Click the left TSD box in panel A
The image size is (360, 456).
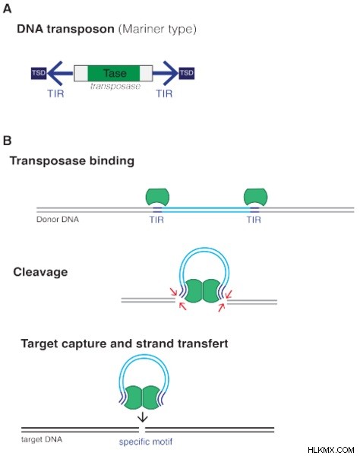click(x=39, y=73)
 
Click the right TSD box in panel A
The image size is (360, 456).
click(x=187, y=73)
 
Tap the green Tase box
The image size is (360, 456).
click(x=114, y=73)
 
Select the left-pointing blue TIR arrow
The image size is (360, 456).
click(x=60, y=73)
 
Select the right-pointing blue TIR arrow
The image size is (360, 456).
click(x=166, y=73)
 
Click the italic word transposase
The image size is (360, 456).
click(x=115, y=86)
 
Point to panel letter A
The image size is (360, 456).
click(x=8, y=8)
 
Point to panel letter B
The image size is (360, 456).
click(x=8, y=141)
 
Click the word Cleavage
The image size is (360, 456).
click(x=40, y=272)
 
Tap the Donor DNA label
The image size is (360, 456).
click(x=58, y=220)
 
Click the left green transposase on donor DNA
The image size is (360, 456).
click(x=157, y=197)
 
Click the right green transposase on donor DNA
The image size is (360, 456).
click(x=255, y=197)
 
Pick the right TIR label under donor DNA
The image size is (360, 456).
click(x=254, y=220)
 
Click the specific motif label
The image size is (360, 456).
click(x=146, y=442)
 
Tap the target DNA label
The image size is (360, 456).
click(x=42, y=439)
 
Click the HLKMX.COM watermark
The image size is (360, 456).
click(x=331, y=450)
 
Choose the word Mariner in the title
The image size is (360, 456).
click(x=143, y=29)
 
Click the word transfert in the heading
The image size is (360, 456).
click(x=203, y=344)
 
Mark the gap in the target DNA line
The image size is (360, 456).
click(x=142, y=430)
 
